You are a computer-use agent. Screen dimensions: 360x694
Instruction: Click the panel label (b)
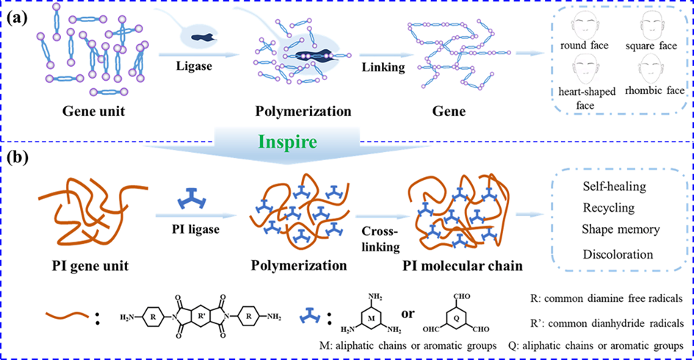click(x=21, y=158)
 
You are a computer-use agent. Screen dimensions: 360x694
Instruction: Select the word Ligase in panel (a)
click(x=196, y=67)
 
